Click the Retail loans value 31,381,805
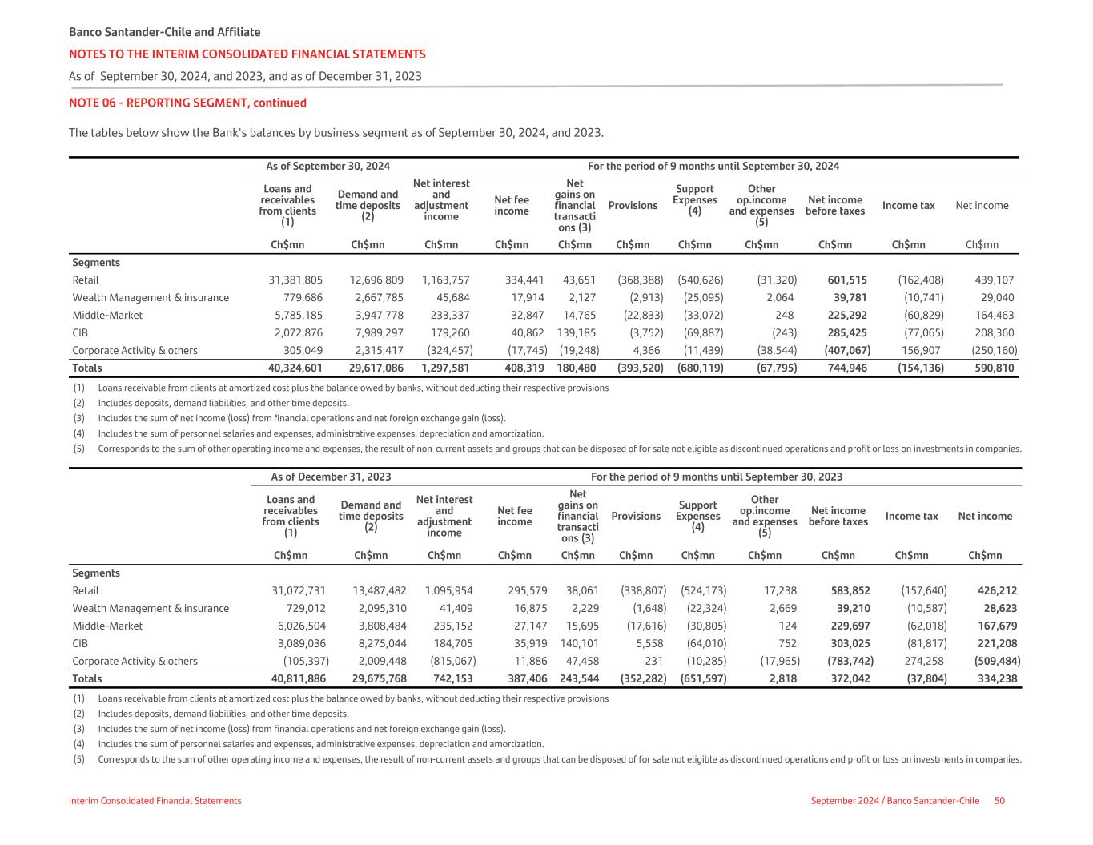click(x=295, y=280)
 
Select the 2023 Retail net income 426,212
click(x=997, y=591)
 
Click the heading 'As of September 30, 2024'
click(x=327, y=167)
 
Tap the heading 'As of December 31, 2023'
click(x=331, y=477)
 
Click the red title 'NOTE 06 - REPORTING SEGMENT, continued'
click(x=187, y=103)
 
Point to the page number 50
click(x=999, y=801)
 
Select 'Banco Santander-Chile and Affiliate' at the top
click(x=164, y=33)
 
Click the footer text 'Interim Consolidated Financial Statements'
click(x=155, y=801)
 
